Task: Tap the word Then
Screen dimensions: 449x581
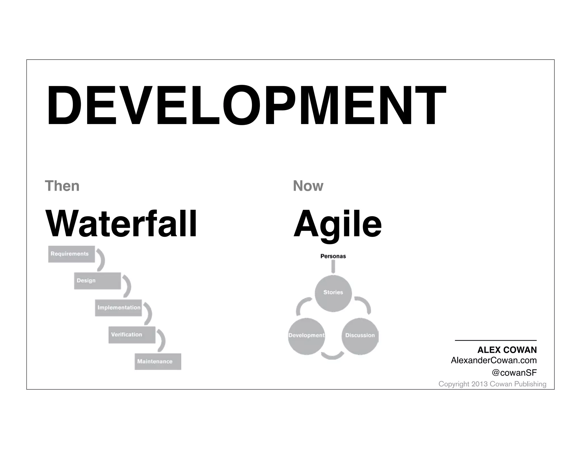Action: pyautogui.click(x=62, y=186)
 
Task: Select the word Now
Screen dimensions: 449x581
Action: pyautogui.click(x=308, y=186)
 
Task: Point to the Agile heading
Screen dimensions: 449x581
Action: pyautogui.click(x=337, y=224)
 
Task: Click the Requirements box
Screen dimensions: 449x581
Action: pyautogui.click(x=71, y=254)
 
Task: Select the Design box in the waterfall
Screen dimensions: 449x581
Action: pyautogui.click(x=97, y=281)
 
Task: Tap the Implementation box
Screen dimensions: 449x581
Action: pyautogui.click(x=118, y=308)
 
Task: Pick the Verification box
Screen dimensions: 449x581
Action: pyautogui.click(x=132, y=335)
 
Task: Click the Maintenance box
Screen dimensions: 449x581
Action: pyautogui.click(x=158, y=361)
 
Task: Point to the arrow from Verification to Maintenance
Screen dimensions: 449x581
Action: pyautogui.click(x=162, y=341)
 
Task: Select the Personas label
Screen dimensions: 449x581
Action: pyautogui.click(x=333, y=256)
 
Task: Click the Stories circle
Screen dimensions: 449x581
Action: pyautogui.click(x=333, y=293)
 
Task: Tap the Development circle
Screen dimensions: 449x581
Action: pyautogui.click(x=306, y=336)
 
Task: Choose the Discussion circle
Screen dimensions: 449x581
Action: pyautogui.click(x=360, y=336)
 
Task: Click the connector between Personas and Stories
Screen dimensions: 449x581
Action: pyautogui.click(x=333, y=267)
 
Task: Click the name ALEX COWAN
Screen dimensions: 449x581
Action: pyautogui.click(x=507, y=350)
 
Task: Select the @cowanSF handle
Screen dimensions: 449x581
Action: pyautogui.click(x=514, y=373)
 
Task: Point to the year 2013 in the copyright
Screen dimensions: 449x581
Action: pyautogui.click(x=479, y=384)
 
